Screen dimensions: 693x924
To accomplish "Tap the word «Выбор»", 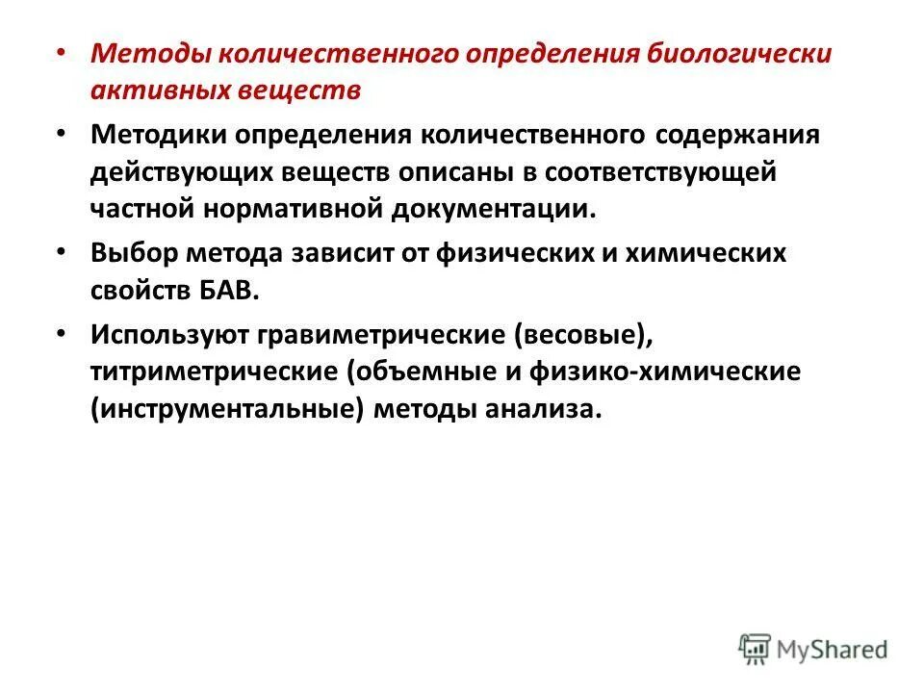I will [x=134, y=254].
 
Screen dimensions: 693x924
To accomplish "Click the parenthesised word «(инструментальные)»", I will [x=228, y=410].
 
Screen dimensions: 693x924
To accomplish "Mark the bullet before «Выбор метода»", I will [x=63, y=250].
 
